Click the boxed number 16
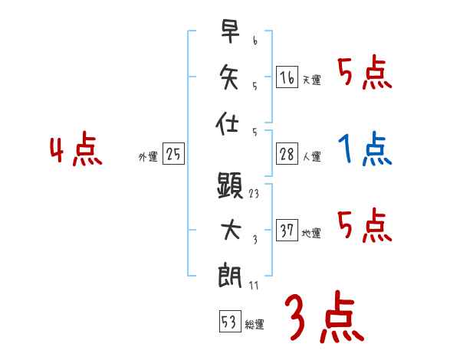pos(287,77)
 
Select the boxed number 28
pos(287,154)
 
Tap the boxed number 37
pos(287,231)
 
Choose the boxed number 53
pos(229,322)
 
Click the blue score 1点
pos(365,149)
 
